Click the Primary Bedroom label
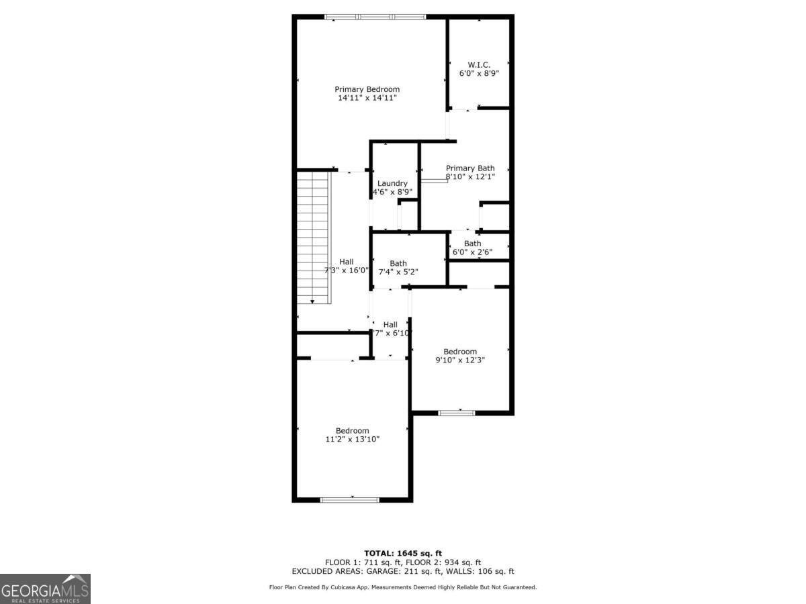[367, 89]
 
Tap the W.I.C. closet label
[479, 65]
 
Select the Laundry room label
[392, 183]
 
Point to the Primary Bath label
[470, 168]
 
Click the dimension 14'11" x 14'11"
[367, 98]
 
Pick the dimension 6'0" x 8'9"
[479, 74]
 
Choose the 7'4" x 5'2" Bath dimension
[398, 272]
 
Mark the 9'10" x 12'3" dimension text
[460, 360]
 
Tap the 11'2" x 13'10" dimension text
[353, 440]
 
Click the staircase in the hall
[314, 238]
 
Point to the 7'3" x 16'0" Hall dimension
[347, 270]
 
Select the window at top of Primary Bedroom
[375, 17]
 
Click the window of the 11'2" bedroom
[350, 499]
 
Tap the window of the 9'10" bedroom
[457, 413]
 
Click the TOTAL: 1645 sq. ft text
[403, 553]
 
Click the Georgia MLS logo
[45, 589]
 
